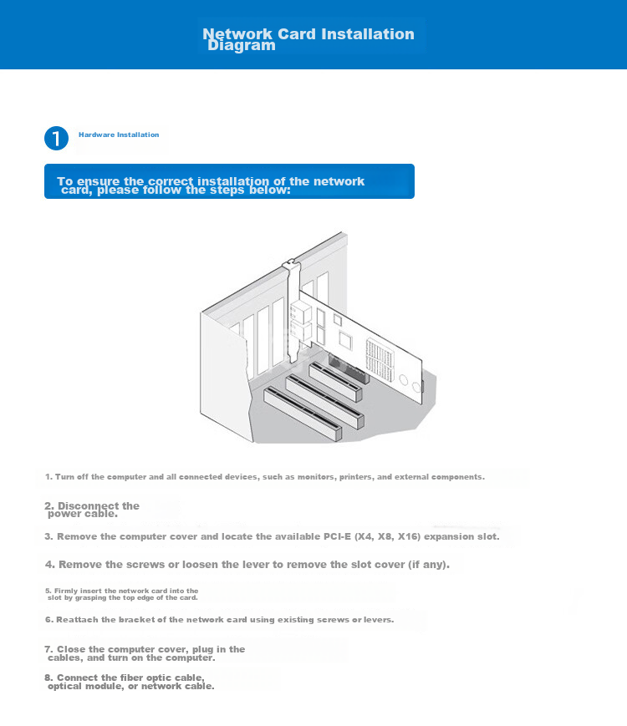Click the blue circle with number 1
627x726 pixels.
[x=57, y=139]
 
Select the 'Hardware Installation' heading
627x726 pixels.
[x=119, y=135]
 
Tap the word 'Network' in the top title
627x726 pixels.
[x=237, y=33]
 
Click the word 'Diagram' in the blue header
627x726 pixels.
[x=242, y=45]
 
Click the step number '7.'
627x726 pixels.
[x=49, y=649]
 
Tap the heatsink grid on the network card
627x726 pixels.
[x=380, y=360]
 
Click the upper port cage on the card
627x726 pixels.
[x=301, y=312]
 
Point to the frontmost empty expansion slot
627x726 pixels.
[x=303, y=414]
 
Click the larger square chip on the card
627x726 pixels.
[x=346, y=340]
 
